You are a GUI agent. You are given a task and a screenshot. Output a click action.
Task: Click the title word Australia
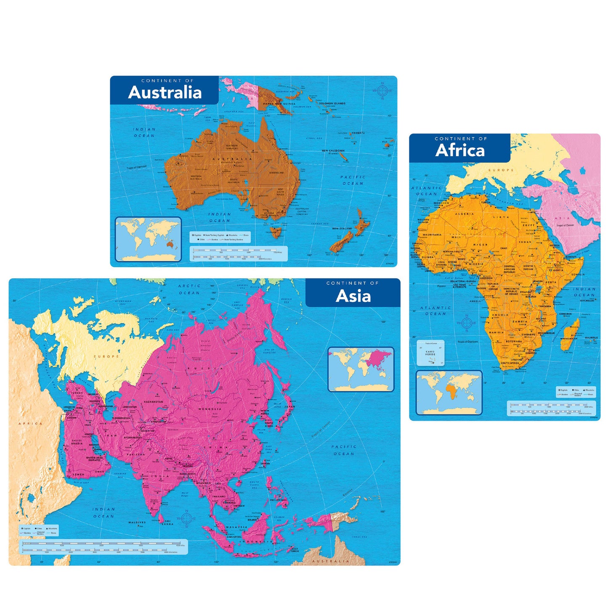pos(165,93)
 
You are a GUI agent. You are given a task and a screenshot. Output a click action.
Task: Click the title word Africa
pos(460,150)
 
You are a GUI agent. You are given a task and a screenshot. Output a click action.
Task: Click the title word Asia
pos(353,296)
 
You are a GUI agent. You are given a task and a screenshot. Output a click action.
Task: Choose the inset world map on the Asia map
pos(361,369)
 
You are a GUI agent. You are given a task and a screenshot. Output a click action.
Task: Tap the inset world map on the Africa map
pos(449,392)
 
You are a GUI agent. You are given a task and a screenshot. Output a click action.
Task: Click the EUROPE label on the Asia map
pos(106,357)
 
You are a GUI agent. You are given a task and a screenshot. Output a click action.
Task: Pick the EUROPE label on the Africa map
pos(501,170)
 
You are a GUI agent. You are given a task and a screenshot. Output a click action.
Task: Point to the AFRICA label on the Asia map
pos(31,424)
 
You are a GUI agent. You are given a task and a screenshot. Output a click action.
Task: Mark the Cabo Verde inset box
pos(430,353)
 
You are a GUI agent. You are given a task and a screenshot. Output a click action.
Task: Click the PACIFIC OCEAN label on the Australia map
pos(353,180)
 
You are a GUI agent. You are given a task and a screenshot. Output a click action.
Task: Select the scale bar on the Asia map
pos(101,547)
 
